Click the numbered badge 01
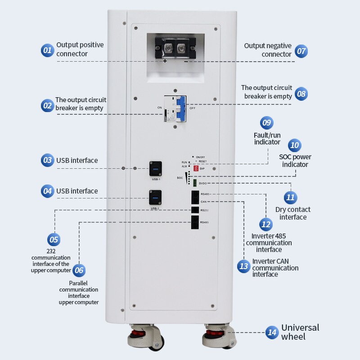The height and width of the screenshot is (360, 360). click(x=47, y=50)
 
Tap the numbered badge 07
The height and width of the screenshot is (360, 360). click(x=301, y=51)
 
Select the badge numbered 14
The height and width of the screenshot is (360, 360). click(x=272, y=333)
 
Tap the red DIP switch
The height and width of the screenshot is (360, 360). click(x=196, y=168)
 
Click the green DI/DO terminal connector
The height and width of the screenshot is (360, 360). click(x=195, y=183)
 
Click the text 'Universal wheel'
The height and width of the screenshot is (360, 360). click(x=300, y=332)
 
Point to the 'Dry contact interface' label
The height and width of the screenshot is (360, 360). click(x=293, y=213)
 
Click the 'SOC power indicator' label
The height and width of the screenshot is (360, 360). click(x=295, y=161)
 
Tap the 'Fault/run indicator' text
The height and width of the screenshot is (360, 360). click(x=267, y=139)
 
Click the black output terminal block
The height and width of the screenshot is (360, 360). click(x=175, y=47)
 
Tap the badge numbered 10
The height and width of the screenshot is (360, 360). click(x=294, y=145)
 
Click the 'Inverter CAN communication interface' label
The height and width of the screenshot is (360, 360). click(x=275, y=268)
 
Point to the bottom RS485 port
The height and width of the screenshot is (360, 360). click(x=194, y=222)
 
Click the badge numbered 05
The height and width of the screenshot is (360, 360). click(x=54, y=239)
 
